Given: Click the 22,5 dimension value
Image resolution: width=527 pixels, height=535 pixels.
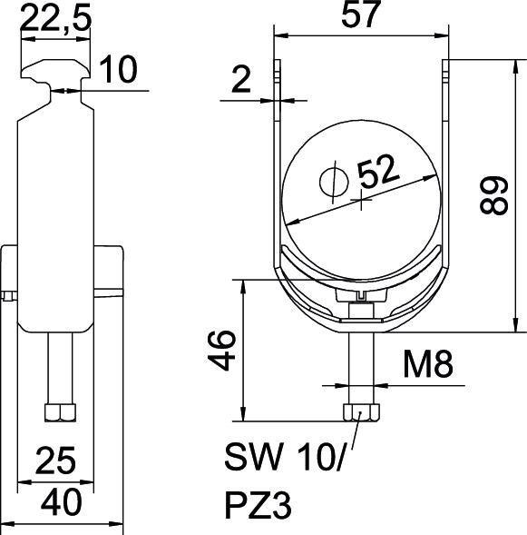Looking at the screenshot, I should pos(55,21).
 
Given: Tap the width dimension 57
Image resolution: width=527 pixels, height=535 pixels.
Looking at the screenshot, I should pos(363,17).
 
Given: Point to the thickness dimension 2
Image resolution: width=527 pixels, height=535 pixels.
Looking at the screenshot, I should pos(239,82).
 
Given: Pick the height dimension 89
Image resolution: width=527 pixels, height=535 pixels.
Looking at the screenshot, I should pos(495,193).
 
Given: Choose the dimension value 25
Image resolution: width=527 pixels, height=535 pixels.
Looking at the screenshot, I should pos(56,461).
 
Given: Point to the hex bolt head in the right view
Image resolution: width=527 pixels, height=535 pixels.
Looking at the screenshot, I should pos(361,413).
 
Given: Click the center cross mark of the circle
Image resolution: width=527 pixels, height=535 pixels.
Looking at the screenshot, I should pos(363,201).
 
